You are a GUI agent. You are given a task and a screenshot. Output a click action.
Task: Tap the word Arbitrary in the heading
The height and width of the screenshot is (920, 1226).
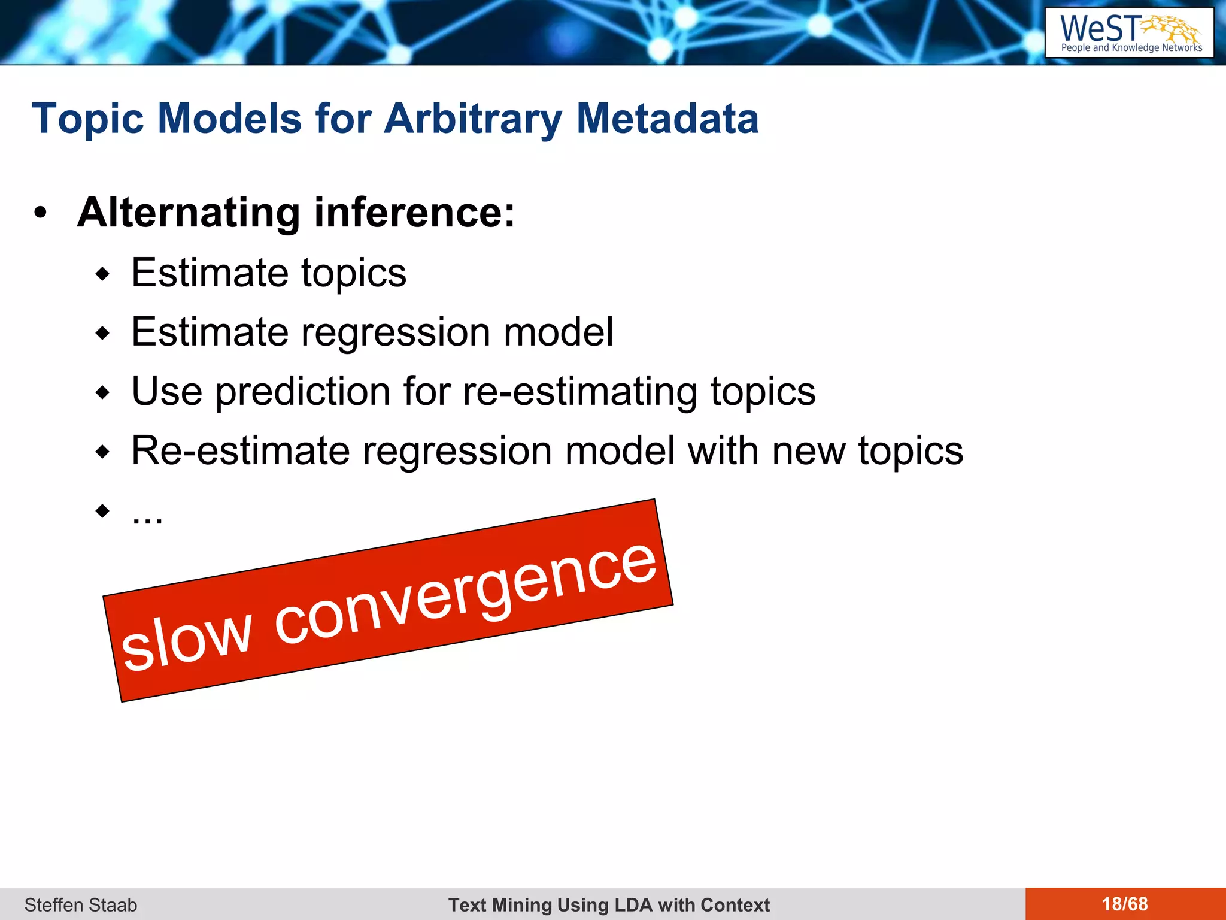pyautogui.click(x=472, y=118)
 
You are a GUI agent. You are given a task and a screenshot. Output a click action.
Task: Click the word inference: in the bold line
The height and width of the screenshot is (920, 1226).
pyautogui.click(x=414, y=213)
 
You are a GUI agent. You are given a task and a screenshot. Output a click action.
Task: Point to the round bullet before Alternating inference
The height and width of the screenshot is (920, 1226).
pyautogui.click(x=40, y=213)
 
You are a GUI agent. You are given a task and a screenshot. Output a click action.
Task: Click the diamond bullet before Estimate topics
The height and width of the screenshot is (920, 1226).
pyautogui.click(x=103, y=274)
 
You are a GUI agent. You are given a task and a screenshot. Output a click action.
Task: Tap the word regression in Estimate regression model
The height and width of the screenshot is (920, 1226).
pyautogui.click(x=395, y=332)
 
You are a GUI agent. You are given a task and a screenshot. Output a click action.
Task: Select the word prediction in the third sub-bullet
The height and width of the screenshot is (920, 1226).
pyautogui.click(x=303, y=391)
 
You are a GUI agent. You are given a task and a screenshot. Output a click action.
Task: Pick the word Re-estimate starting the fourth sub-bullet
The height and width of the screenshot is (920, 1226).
pyautogui.click(x=240, y=450)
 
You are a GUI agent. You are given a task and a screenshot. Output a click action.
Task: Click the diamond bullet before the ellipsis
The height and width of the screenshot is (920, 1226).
pyautogui.click(x=103, y=511)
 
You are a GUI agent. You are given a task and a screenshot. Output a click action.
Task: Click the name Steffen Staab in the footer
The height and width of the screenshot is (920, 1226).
pyautogui.click(x=81, y=904)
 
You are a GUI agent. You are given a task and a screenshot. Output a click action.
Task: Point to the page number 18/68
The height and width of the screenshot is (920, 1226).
pyautogui.click(x=1125, y=904)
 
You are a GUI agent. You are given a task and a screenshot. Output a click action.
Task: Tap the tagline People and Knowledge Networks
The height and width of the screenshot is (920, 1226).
pyautogui.click(x=1131, y=48)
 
